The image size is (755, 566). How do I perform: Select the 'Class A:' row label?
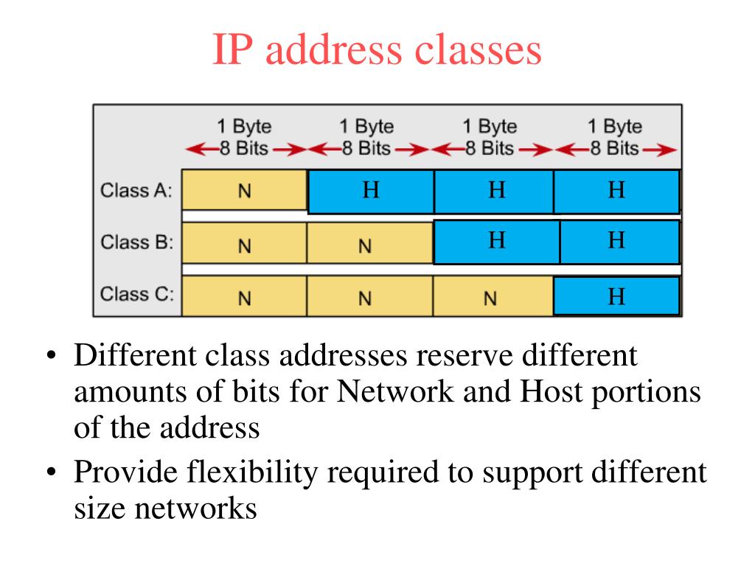(x=136, y=191)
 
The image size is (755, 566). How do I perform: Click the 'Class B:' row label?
(x=136, y=242)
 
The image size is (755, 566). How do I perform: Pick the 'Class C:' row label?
(x=136, y=294)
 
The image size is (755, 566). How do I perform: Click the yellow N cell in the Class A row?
(x=244, y=190)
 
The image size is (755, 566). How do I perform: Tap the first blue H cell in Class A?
(x=371, y=191)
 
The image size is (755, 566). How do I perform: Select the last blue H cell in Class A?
(x=616, y=191)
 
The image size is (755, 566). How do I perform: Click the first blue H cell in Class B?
(x=497, y=241)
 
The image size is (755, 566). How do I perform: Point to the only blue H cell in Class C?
(x=616, y=296)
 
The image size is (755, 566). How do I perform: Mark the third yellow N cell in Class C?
(x=490, y=298)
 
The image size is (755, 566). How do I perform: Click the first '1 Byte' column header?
(x=243, y=126)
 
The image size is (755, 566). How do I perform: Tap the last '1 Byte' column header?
(x=614, y=126)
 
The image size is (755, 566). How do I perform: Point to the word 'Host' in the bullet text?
(x=546, y=392)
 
